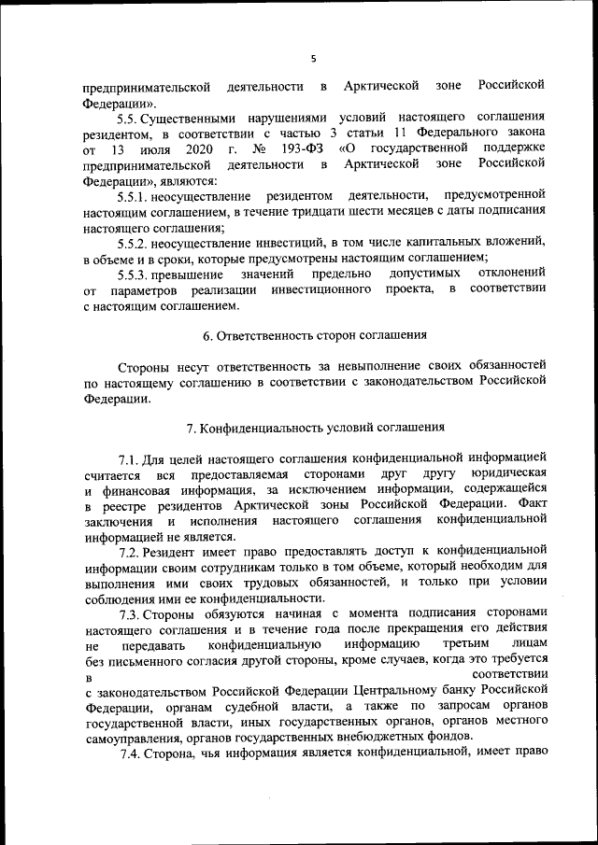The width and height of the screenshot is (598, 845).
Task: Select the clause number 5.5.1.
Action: [x=135, y=196]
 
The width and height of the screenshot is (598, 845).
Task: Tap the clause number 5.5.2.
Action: [x=135, y=242]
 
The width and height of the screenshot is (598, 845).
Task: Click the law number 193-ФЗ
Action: [x=302, y=149]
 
